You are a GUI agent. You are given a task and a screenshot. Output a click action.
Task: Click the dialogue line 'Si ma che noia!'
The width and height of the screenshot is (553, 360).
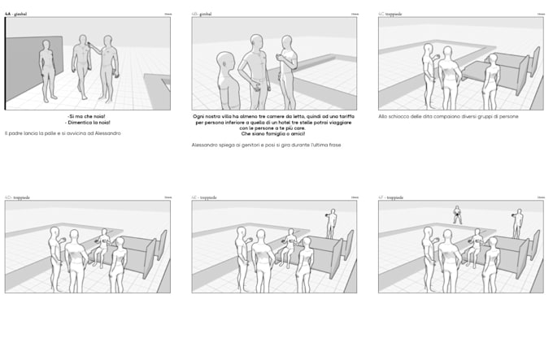coord(88,117)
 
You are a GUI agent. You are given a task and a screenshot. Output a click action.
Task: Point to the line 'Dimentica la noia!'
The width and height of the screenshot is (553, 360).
coord(88,124)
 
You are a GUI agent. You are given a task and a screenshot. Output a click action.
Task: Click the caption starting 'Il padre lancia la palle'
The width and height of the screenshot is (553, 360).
coord(63,132)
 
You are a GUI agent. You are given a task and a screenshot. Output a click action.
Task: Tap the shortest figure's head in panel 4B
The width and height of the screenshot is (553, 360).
coord(225,60)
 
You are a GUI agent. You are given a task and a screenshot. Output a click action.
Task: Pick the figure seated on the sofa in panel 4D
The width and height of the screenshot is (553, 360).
coord(102,246)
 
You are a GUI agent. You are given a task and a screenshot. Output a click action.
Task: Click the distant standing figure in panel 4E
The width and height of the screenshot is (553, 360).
coord(330,223)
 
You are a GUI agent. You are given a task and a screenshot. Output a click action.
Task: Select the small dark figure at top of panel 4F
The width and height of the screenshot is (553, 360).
coord(457,214)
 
